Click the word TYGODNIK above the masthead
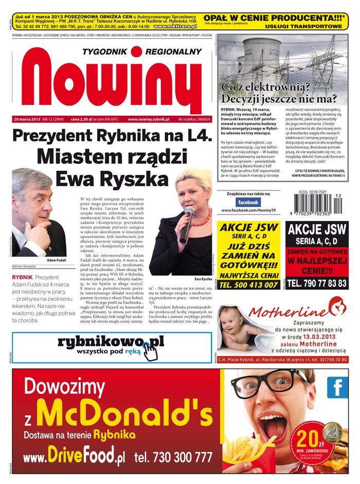104,51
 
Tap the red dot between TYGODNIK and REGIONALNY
136,51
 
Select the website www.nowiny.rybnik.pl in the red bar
149,119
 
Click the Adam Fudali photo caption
56,260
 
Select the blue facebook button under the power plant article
248,203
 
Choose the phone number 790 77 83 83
316,283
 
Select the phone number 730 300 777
173,457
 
